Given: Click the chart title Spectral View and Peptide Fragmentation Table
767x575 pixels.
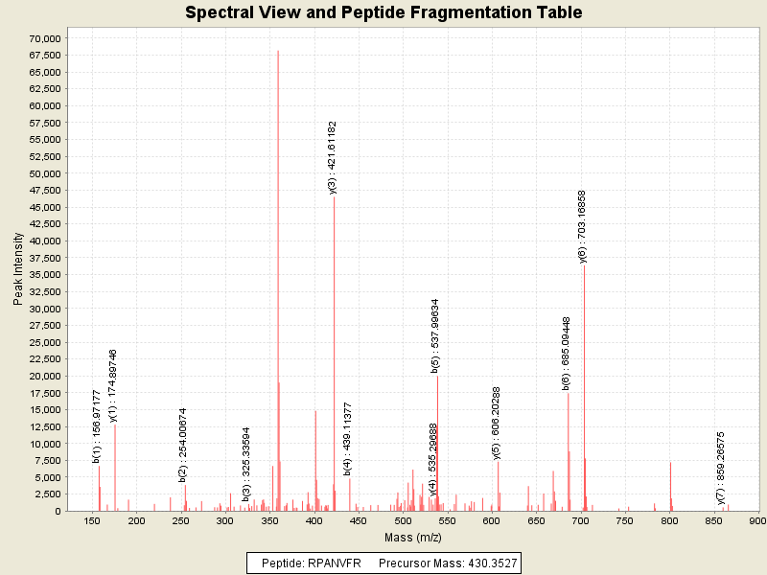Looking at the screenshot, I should tap(383, 13).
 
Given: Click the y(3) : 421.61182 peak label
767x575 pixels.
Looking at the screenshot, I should tap(333, 157).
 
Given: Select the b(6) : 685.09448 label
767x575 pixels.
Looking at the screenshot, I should tap(567, 353).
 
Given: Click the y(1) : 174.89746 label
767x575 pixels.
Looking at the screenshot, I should tap(113, 384).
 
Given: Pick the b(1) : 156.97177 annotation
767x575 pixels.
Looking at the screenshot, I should tap(97, 425).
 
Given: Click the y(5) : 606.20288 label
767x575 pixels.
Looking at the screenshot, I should tap(496, 423).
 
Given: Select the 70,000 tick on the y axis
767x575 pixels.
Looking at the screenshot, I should tap(45, 38).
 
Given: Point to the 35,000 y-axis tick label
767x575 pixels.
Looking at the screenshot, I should tap(45, 275).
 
